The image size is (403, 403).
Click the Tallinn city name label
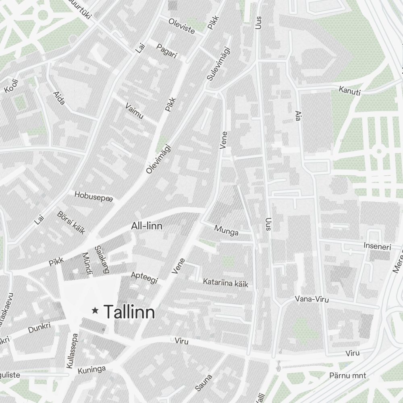point(129,312)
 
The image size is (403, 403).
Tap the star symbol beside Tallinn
point(95,310)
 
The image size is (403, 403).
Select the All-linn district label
point(147,226)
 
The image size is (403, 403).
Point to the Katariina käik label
point(225,283)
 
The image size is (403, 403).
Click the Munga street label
point(226,231)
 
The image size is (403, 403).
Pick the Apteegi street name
point(144,277)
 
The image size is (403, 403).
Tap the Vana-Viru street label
point(312,299)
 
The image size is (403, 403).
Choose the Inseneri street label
point(377,246)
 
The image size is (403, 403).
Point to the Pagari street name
point(166,51)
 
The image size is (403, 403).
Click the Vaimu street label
point(134,111)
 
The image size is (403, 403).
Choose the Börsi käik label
point(71,222)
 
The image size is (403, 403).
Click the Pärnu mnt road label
point(347,376)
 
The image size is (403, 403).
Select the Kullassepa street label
point(72,350)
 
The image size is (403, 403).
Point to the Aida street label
point(59,98)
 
